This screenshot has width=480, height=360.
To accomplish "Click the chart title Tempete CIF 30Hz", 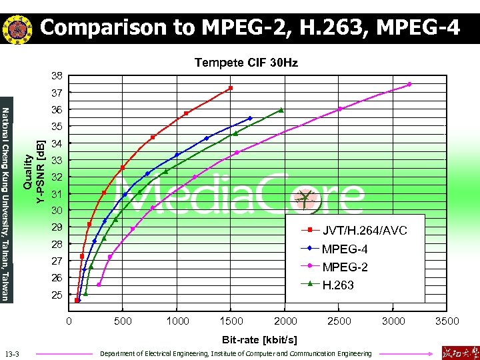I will click(x=246, y=63).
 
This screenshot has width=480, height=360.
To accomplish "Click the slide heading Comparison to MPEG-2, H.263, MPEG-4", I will click(x=249, y=28).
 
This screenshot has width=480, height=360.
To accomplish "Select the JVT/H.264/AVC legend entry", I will click(x=364, y=231).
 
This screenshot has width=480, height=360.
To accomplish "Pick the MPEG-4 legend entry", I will click(x=345, y=249).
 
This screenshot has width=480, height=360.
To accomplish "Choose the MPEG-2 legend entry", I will click(x=345, y=267).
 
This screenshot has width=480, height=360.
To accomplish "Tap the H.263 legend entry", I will click(x=338, y=285).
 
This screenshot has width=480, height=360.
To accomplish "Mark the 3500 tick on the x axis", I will click(x=446, y=321).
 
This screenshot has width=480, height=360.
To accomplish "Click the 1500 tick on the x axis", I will click(x=231, y=321).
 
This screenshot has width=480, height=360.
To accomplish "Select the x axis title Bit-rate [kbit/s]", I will click(x=259, y=339).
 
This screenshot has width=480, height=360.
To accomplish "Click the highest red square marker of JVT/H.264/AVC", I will click(x=231, y=88).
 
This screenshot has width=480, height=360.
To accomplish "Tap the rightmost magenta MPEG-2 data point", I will click(x=409, y=84).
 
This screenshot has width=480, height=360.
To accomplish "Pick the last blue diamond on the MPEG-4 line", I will click(x=250, y=119).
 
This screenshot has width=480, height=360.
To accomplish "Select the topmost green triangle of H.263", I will click(x=282, y=110).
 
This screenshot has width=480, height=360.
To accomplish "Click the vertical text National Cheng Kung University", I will click(x=6, y=203).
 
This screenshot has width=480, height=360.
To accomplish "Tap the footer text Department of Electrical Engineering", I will click(x=235, y=353).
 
